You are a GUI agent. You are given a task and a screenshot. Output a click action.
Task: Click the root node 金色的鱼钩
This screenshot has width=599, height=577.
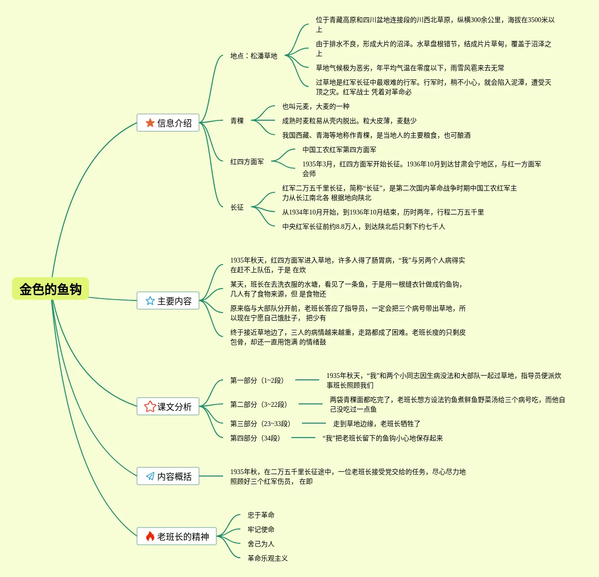pos(50,289)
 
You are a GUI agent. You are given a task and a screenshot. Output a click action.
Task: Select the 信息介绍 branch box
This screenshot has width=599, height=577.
pos(168,123)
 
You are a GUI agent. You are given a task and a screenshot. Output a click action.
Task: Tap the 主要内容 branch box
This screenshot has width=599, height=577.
pos(168,301)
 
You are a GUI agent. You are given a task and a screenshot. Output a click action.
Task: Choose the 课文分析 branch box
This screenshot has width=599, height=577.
pos(168,407)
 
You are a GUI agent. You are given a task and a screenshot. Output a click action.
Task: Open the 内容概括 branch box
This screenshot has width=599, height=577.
pos(168,477)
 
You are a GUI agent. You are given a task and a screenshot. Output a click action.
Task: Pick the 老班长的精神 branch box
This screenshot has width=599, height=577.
pos(176,537)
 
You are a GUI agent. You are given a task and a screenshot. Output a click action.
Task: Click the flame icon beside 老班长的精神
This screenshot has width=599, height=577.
pos(150,537)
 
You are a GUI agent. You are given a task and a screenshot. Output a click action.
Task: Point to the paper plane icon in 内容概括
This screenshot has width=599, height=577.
pos(150,477)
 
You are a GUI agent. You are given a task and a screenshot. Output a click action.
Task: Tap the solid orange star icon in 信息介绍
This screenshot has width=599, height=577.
pos(150,123)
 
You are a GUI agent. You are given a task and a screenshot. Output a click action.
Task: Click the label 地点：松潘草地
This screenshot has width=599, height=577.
pos(254,56)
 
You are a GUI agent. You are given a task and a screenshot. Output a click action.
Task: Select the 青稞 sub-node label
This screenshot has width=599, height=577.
pos(237,121)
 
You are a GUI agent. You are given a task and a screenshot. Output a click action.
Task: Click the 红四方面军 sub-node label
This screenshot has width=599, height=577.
pos(247,162)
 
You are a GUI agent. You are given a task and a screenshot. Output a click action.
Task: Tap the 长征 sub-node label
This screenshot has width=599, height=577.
pos(237,207)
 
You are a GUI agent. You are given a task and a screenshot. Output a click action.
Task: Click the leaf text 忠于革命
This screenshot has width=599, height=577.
pos(261,515)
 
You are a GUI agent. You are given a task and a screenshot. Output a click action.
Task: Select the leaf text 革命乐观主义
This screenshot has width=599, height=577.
pos(268,558)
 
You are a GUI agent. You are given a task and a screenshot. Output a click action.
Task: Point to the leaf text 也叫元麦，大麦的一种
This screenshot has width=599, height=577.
pos(316,106)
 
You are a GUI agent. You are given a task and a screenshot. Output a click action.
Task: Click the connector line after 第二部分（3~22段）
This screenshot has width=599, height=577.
pos(311,404)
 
